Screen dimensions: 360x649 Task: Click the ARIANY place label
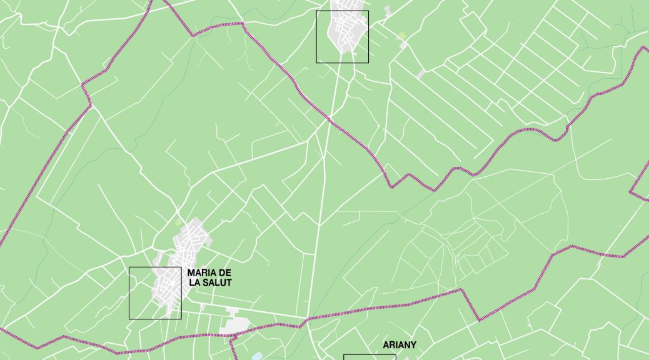[x=400, y=344]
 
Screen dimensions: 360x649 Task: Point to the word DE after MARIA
[x=224, y=273]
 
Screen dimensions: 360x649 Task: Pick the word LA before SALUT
[x=195, y=283]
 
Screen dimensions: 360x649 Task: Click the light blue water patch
[x=257, y=357]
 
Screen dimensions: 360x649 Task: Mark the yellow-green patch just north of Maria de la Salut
[x=179, y=222]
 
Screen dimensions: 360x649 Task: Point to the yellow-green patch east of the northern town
[x=403, y=35]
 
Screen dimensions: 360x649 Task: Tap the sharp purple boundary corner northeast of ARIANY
[x=462, y=289]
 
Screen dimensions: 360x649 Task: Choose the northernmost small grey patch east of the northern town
[x=388, y=11]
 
